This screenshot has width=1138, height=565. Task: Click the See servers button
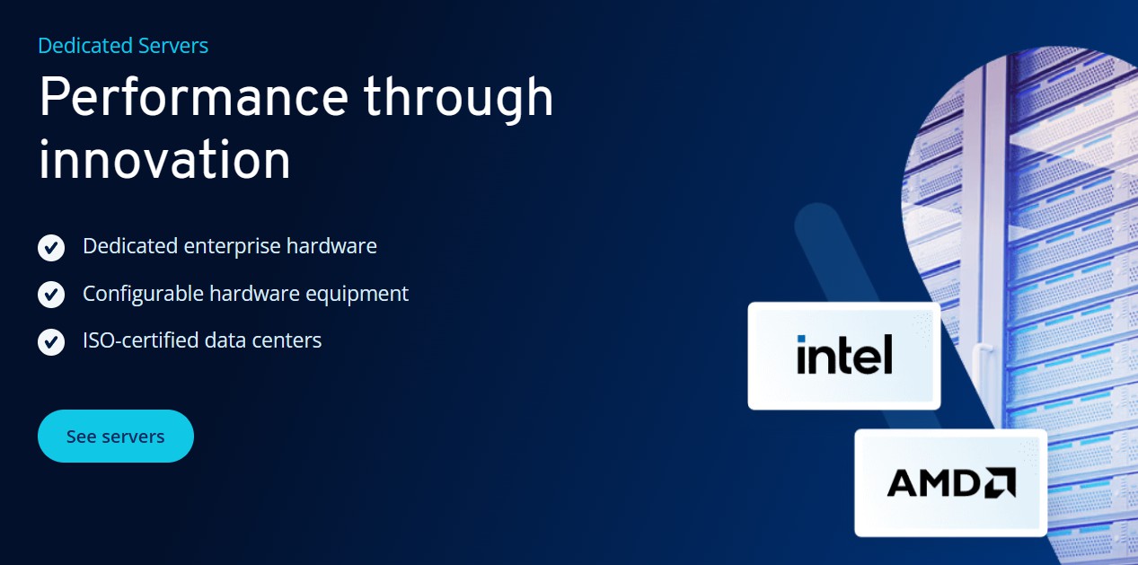115,437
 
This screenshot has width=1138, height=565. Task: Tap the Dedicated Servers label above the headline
123,46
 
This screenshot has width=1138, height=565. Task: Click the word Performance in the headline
193,97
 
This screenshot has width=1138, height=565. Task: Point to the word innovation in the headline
164,161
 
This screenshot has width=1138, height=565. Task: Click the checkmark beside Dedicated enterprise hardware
51,247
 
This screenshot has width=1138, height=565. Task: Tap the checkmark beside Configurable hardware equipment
51,294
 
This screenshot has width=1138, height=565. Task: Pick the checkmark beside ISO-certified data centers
51,341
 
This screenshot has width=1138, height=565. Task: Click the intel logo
844,355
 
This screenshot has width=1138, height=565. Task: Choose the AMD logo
950,483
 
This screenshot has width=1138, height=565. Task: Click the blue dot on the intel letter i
801,340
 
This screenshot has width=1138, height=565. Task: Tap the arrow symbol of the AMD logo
1000,483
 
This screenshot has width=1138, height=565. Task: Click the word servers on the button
133,437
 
